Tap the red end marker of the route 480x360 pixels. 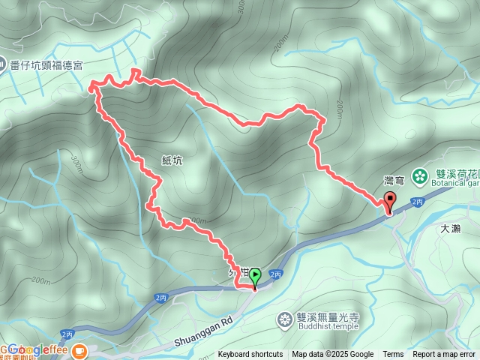point(390,201)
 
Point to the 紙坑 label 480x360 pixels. point(172,160)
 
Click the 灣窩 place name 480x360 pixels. point(394,180)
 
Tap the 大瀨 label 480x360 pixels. point(451,229)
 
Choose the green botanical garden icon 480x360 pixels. point(420,175)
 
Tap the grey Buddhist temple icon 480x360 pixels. point(285,321)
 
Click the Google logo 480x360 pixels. point(27,349)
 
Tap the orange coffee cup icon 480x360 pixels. point(78,349)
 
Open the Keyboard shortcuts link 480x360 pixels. point(250,355)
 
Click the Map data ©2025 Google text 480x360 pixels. point(333,355)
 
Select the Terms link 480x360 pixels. point(393,355)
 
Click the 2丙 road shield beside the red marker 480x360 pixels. point(418,202)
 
